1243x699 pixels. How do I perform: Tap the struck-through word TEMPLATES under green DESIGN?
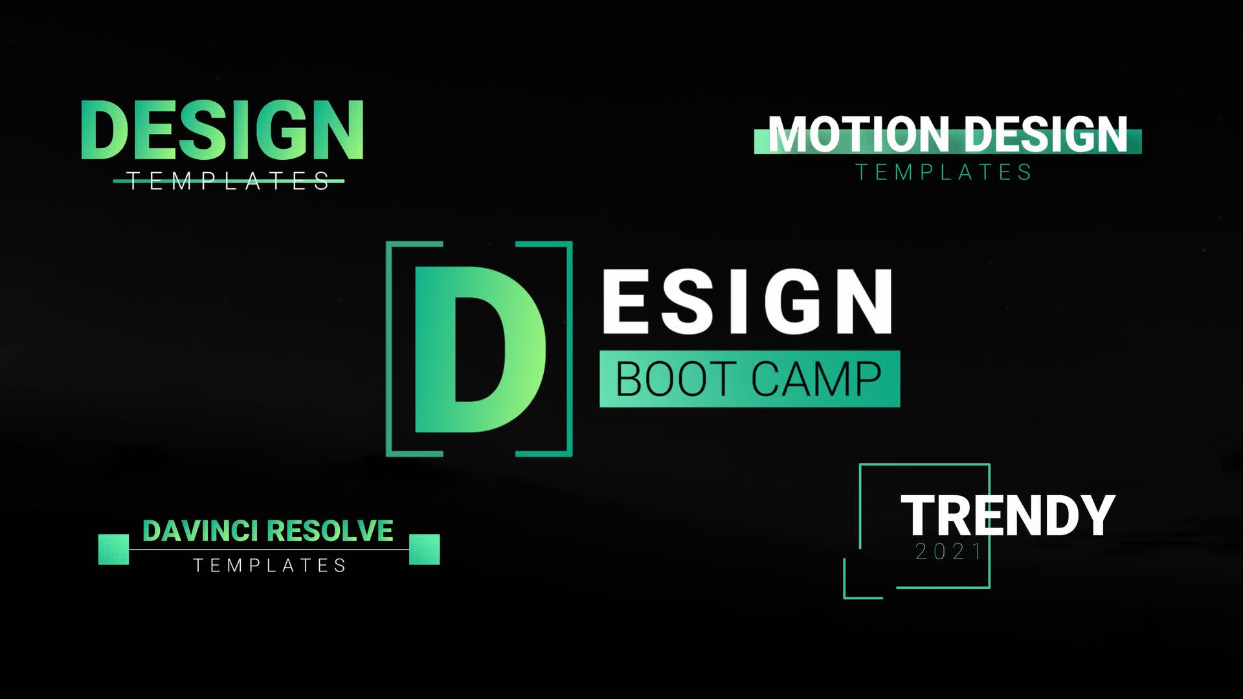tap(229, 181)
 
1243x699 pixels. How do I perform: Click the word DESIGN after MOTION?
tap(1046, 135)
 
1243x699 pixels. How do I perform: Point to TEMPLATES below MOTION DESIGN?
tap(944, 172)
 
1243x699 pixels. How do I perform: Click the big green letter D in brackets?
tap(480, 349)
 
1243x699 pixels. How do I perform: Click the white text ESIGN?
tap(748, 302)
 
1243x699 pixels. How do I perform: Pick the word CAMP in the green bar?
tap(816, 379)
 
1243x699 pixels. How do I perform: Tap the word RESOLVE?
tap(330, 531)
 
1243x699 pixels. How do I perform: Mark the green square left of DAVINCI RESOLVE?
tap(113, 549)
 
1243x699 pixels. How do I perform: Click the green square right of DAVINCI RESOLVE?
tap(425, 549)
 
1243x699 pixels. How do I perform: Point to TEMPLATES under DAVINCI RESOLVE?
tap(270, 566)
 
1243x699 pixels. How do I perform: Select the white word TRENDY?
tap(1008, 515)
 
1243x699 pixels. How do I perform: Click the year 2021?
tap(950, 552)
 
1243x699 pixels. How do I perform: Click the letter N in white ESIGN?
tap(865, 302)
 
